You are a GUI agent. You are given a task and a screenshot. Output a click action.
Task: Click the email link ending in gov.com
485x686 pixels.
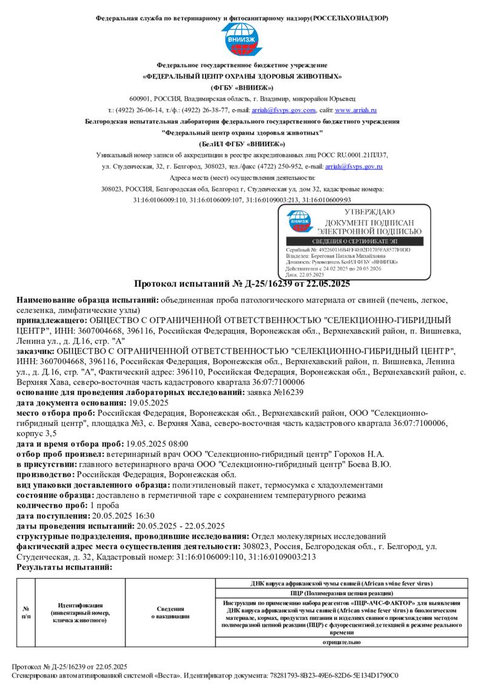tap(284, 110)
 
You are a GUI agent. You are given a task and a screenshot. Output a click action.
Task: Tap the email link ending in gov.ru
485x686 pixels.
tap(353, 165)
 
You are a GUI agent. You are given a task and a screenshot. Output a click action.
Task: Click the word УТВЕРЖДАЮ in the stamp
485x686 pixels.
tap(369, 212)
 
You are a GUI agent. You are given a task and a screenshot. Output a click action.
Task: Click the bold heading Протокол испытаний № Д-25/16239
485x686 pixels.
tap(242, 283)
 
